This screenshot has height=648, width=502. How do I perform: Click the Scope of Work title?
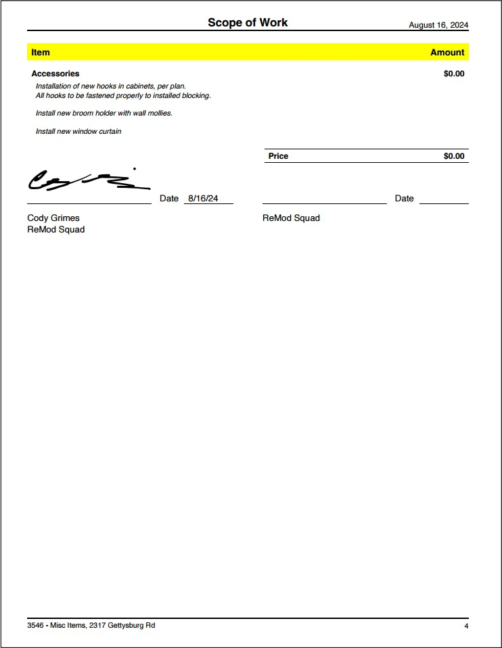tap(248, 23)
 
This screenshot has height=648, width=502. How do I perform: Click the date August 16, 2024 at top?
tap(438, 25)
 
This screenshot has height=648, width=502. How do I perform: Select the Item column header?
tap(41, 52)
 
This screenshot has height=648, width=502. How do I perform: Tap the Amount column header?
tap(447, 52)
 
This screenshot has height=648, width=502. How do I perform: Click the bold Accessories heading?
tap(55, 74)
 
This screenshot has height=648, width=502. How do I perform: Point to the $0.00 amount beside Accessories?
tap(454, 74)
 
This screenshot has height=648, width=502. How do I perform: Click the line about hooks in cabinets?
tap(111, 86)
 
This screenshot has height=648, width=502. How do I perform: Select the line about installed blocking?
tap(123, 95)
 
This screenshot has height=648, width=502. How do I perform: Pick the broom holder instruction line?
tap(104, 113)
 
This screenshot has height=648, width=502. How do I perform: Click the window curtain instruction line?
tap(78, 131)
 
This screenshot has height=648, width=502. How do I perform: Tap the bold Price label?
tap(278, 156)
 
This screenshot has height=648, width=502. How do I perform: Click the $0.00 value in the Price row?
tap(454, 156)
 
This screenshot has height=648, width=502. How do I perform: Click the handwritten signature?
tap(85, 180)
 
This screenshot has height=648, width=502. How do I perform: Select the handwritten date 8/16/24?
tap(203, 198)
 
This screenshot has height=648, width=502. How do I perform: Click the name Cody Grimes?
tap(53, 218)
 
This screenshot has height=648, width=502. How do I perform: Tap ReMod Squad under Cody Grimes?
tap(56, 230)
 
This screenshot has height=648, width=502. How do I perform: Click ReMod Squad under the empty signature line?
tap(291, 218)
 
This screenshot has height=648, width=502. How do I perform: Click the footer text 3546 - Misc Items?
tap(91, 626)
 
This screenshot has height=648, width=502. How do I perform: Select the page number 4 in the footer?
tap(466, 626)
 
